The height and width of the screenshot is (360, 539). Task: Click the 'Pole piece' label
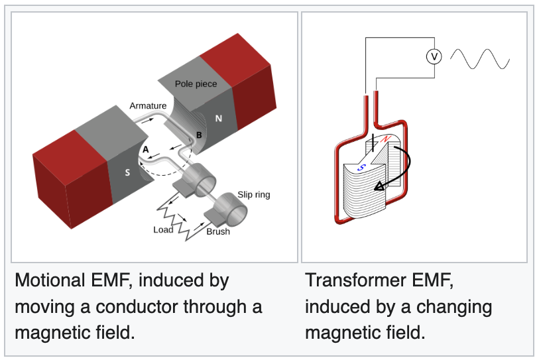click(x=196, y=84)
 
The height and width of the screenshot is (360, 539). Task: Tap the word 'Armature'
click(x=148, y=105)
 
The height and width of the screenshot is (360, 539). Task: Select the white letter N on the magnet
click(x=219, y=119)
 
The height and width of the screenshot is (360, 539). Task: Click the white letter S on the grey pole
click(x=127, y=172)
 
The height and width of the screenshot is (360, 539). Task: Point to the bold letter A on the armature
click(x=146, y=150)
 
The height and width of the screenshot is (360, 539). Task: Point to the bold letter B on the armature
click(x=199, y=135)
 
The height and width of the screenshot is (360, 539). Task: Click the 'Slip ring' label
click(x=254, y=195)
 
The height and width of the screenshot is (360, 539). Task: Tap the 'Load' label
click(x=163, y=229)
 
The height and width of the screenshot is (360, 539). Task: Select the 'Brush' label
click(x=218, y=231)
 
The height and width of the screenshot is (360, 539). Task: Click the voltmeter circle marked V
click(x=434, y=56)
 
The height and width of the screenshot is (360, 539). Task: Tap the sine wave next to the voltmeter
click(x=480, y=59)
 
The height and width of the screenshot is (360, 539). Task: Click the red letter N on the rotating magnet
click(x=386, y=139)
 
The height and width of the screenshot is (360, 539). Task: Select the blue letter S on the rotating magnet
click(x=361, y=168)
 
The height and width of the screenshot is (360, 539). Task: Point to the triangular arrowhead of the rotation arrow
click(x=379, y=186)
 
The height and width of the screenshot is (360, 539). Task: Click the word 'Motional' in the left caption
click(x=50, y=280)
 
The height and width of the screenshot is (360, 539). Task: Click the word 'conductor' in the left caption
click(x=137, y=307)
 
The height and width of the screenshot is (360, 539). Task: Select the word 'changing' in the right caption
click(x=454, y=308)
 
